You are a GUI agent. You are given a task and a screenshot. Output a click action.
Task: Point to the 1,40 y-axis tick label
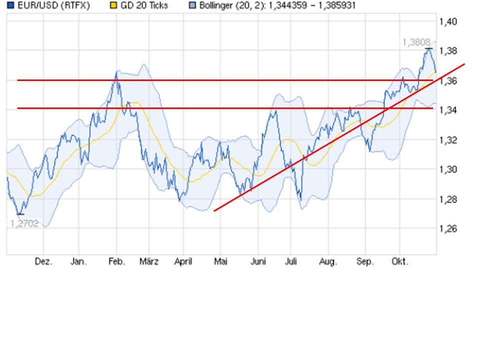point(447,21)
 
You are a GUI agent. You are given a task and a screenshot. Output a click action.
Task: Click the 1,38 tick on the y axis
point(447,51)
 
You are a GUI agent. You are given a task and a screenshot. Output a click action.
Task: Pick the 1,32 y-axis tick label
point(447,140)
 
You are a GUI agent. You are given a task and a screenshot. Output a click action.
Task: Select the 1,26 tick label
point(447,229)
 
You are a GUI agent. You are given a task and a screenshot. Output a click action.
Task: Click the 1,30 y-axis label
point(447,169)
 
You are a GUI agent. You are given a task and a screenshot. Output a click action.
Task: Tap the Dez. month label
point(43,262)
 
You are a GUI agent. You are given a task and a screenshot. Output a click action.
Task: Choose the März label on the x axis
point(149,262)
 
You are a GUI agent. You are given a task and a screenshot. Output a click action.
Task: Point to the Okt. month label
point(399,262)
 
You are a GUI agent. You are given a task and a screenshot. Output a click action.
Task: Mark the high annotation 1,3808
point(415,43)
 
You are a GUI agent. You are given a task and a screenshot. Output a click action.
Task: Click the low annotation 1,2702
point(24,223)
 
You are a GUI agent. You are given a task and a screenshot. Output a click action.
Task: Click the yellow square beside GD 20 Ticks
point(113,6)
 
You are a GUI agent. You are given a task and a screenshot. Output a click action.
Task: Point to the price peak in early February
point(116,72)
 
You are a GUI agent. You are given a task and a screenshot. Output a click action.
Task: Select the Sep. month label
point(365,262)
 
